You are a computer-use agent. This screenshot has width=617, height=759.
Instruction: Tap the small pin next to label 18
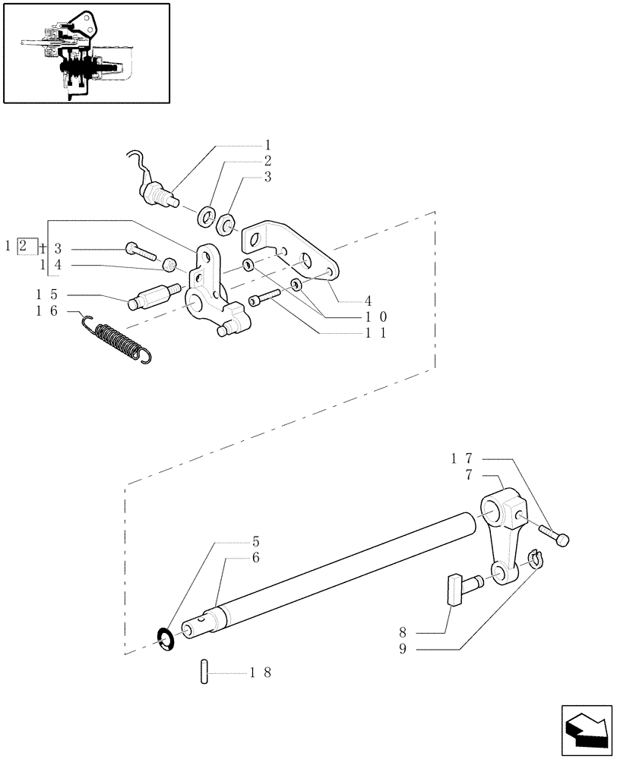pyautogui.click(x=205, y=673)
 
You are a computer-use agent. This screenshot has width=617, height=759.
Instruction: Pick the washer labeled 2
pyautogui.click(x=205, y=219)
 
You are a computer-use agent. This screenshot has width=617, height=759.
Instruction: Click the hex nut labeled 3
pyautogui.click(x=226, y=225)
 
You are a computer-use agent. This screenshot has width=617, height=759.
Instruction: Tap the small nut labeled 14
pyautogui.click(x=171, y=264)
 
